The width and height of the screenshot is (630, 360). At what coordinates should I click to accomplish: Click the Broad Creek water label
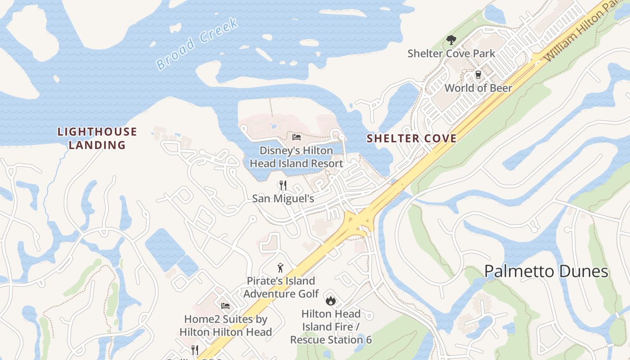click(197, 44)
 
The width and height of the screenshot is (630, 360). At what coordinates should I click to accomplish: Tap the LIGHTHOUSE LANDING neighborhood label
click(97, 138)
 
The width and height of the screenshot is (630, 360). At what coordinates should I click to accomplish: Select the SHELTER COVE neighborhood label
click(411, 138)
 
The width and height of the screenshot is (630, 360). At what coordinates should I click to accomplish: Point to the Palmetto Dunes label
click(546, 271)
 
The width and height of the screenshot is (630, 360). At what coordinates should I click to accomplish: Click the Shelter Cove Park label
click(451, 54)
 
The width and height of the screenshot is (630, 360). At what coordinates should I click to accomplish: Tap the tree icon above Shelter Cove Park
click(451, 40)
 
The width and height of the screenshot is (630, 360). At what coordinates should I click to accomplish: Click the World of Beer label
click(478, 88)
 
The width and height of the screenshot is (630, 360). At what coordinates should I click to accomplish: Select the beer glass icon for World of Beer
click(478, 75)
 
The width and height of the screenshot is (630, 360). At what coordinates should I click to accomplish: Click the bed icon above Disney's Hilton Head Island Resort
click(296, 137)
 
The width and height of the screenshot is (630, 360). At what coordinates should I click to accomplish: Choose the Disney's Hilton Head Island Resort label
click(297, 157)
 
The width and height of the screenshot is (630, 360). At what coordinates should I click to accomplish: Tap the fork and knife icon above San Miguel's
click(283, 185)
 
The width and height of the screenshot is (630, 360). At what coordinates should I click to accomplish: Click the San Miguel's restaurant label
click(283, 198)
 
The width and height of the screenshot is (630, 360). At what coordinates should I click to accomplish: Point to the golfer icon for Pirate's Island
click(281, 268)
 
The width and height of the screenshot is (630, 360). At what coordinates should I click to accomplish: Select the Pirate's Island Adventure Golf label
click(281, 287)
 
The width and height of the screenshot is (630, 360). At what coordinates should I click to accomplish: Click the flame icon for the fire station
click(331, 301)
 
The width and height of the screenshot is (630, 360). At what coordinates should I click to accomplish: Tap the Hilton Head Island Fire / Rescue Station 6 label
click(331, 326)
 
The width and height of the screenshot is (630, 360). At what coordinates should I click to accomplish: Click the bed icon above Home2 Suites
click(225, 306)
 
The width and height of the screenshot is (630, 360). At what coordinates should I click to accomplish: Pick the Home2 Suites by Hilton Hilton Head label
click(225, 326)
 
